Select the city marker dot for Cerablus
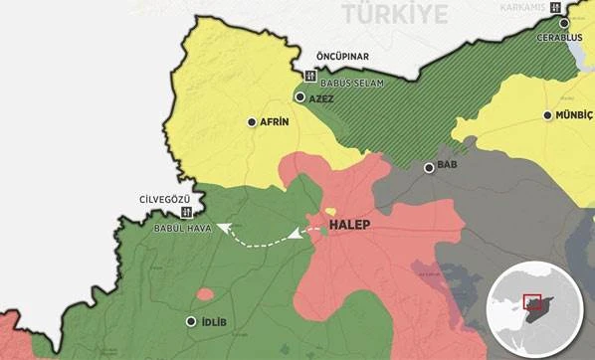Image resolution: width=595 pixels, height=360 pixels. click(x=564, y=22)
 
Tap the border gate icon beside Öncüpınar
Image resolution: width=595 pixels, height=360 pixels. click(x=309, y=77)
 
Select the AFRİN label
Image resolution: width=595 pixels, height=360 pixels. click(x=274, y=122)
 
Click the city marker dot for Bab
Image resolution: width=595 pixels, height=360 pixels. click(x=430, y=167)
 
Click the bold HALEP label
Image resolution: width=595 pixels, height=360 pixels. click(x=349, y=226)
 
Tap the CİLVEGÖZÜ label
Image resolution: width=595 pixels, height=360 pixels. click(x=165, y=197)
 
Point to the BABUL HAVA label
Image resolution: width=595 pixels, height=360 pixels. click(x=183, y=228)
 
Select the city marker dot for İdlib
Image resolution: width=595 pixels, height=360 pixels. click(x=192, y=321)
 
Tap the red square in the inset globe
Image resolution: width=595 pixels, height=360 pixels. click(x=531, y=301)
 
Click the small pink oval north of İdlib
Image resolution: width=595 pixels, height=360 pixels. click(x=205, y=294)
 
